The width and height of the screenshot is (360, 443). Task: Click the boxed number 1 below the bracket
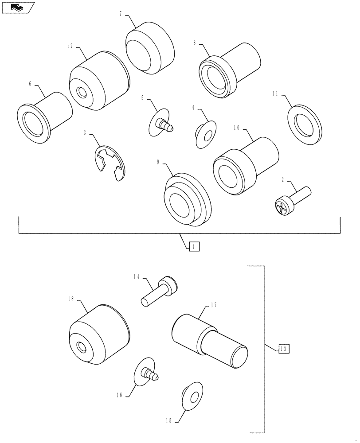click(194, 247)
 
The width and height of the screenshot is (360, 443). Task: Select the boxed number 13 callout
click(284, 349)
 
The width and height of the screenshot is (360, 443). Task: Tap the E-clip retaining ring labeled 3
click(110, 163)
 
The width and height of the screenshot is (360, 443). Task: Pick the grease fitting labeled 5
click(162, 123)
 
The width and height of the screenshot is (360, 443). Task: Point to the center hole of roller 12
click(81, 92)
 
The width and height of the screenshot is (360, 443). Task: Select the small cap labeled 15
click(192, 393)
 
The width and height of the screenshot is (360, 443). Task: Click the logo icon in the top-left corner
click(18, 7)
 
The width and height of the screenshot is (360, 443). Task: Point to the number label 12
click(70, 46)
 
